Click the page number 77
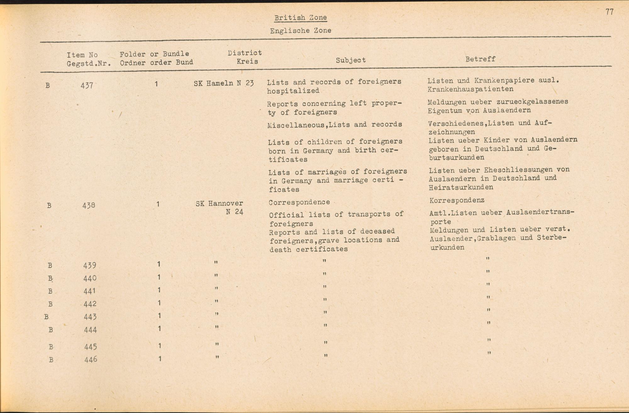(x=609, y=12)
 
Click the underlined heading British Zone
(x=300, y=18)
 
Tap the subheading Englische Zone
(x=300, y=31)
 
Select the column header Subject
(x=351, y=60)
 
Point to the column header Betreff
(x=480, y=59)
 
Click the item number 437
(x=87, y=85)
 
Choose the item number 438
(x=89, y=205)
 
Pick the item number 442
(x=90, y=304)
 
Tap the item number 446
(x=91, y=360)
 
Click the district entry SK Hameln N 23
(x=224, y=83)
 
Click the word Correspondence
(x=299, y=202)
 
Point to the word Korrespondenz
(x=457, y=200)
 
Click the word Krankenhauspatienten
(x=470, y=89)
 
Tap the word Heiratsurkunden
(x=461, y=187)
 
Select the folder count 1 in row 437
(x=156, y=84)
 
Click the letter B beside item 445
(x=51, y=347)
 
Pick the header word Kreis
(x=247, y=61)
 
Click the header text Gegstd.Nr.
(x=89, y=64)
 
